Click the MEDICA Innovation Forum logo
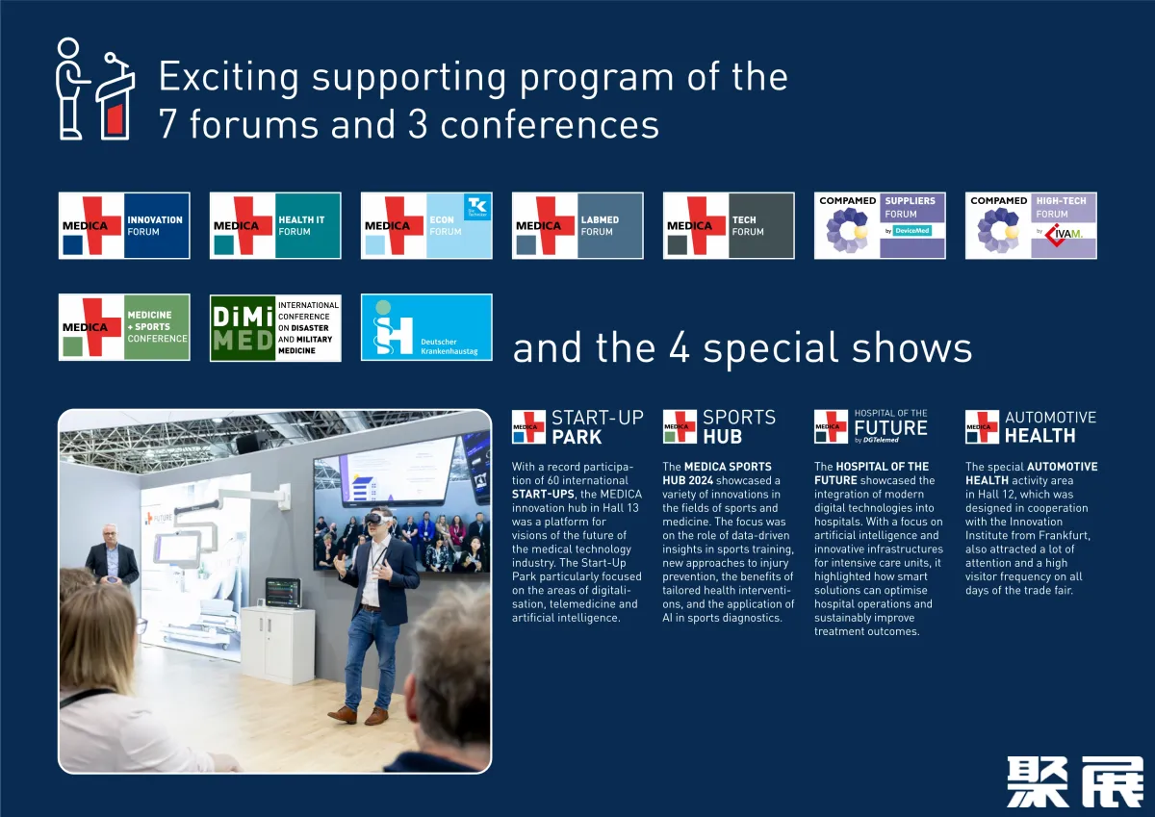(124, 226)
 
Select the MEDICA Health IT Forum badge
(275, 226)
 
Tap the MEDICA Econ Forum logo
(426, 226)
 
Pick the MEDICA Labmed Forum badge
(577, 226)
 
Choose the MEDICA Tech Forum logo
(729, 226)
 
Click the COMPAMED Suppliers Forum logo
(880, 226)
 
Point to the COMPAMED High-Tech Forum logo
(1031, 226)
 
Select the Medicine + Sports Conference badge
(124, 327)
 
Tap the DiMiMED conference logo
(275, 328)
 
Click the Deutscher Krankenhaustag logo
(426, 327)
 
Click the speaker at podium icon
(95, 89)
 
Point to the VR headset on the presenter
(378, 519)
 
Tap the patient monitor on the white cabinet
(283, 593)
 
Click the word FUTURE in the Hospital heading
(890, 428)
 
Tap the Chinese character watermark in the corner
(1075, 782)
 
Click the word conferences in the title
(550, 125)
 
